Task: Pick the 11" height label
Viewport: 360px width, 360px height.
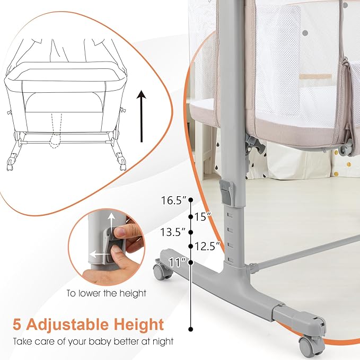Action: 177,262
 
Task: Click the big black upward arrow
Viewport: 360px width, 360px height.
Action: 141,116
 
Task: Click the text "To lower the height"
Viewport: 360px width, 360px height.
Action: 107,293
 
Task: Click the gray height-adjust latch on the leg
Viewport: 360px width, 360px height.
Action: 226,192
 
